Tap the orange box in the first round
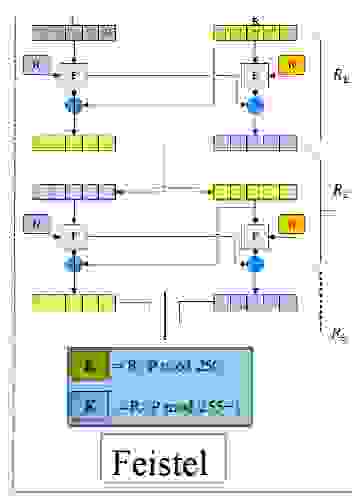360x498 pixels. click(291, 66)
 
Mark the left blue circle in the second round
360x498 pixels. click(71, 263)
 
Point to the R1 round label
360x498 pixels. click(340, 75)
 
